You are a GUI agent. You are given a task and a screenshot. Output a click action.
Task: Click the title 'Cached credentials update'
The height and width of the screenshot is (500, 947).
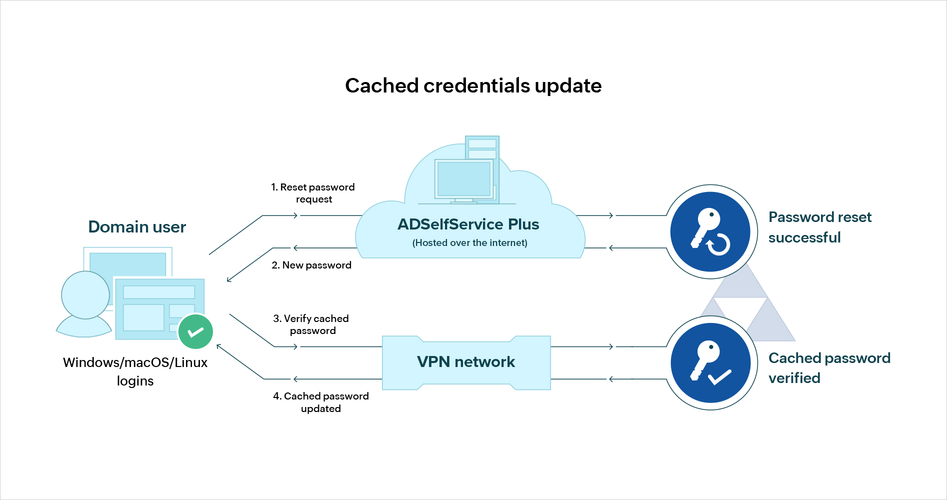(473, 85)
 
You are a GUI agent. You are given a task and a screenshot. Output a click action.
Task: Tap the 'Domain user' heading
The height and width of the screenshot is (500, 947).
(137, 227)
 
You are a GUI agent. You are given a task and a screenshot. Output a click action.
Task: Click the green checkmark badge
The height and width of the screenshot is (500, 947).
(195, 331)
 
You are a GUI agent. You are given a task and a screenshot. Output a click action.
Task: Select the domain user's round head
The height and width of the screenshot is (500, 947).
(85, 295)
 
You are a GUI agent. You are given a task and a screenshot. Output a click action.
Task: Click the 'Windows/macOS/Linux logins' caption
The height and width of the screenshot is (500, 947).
(135, 371)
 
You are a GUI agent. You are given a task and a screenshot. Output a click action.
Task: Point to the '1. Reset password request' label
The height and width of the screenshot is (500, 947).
(313, 193)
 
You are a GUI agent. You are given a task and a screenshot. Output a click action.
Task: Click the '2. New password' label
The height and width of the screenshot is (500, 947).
(311, 265)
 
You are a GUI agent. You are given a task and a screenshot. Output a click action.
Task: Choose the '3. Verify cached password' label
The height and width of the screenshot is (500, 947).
(311, 324)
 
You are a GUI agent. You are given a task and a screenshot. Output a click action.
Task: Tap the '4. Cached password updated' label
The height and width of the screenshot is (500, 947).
(320, 402)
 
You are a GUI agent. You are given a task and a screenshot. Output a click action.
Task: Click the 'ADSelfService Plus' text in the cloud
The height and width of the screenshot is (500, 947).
(468, 224)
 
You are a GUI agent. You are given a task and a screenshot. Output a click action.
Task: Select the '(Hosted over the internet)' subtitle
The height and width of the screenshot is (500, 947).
(469, 243)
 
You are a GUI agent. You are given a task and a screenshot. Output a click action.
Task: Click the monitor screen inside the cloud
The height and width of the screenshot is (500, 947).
(463, 178)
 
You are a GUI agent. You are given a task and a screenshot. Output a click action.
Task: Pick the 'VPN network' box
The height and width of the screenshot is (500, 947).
(466, 362)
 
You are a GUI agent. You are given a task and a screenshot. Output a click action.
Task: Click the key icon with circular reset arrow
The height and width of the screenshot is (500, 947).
(710, 231)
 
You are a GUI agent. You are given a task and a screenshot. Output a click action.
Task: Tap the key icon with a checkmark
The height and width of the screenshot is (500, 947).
(710, 363)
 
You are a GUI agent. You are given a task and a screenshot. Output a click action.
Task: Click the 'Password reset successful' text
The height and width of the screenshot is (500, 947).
(819, 227)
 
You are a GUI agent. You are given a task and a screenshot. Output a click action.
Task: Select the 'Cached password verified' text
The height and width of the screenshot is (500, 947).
(829, 368)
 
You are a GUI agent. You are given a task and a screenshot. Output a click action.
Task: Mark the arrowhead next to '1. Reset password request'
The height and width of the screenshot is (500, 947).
(295, 215)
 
